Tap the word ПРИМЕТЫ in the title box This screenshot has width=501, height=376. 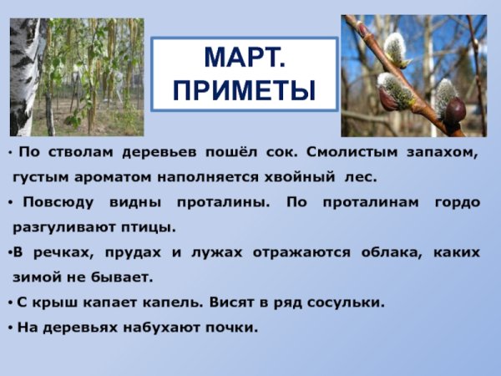(x=245, y=90)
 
